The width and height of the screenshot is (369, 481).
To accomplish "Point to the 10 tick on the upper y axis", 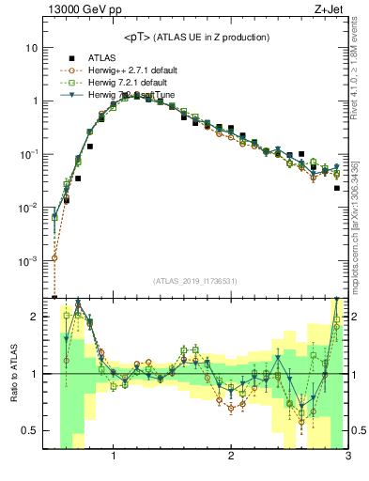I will (x=31, y=47).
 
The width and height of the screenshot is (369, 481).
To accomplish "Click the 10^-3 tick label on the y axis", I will (x=28, y=260).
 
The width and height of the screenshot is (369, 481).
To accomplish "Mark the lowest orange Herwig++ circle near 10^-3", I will (x=54, y=257).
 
